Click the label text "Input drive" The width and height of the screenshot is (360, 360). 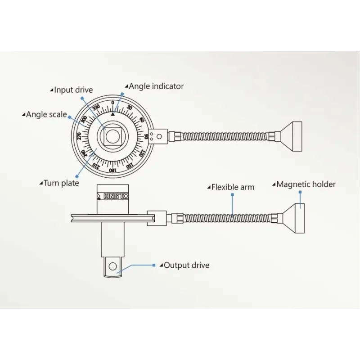coord(73,90)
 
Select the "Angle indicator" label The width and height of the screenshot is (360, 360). coord(156,86)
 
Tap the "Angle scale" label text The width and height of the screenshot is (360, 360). coord(46,115)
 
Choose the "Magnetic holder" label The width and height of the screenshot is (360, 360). coord(306,184)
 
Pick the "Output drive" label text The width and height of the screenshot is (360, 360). coord(186,265)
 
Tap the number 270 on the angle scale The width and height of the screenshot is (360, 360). coord(79,136)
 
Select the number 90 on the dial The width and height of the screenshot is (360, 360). coord(146,136)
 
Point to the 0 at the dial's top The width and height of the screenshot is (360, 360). coord(112,103)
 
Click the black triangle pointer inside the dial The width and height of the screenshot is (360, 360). coord(113,114)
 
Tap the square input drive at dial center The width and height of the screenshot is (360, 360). coord(112,136)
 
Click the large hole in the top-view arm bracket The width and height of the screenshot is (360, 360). coord(158,134)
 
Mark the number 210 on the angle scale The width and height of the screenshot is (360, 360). coord(95,165)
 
